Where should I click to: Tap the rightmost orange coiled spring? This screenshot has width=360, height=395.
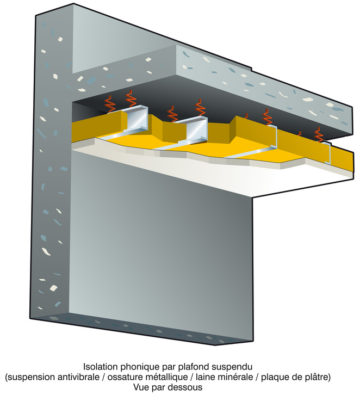pyautogui.click(x=319, y=134)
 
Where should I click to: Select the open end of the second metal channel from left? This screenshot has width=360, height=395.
pyautogui.click(x=197, y=129)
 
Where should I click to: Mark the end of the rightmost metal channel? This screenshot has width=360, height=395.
pyautogui.click(x=327, y=153)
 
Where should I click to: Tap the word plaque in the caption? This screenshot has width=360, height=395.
pyautogui.click(x=274, y=378)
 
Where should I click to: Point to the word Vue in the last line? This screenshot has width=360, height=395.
pyautogui.click(x=141, y=387)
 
